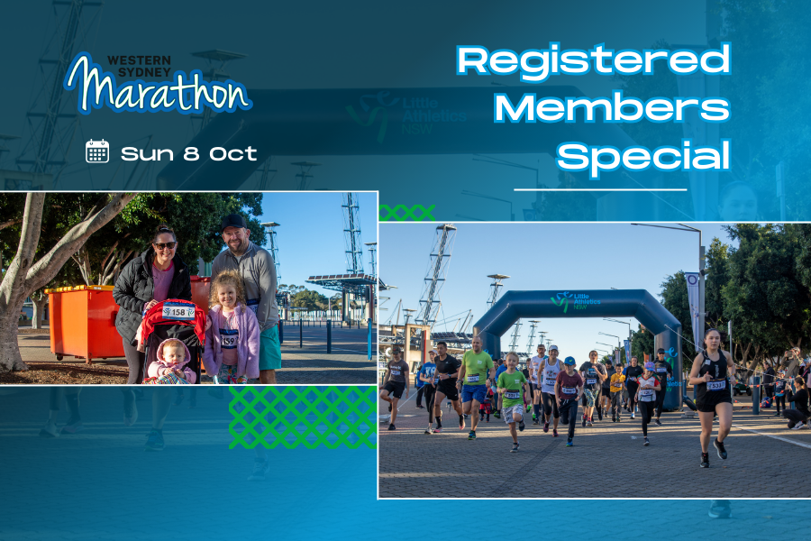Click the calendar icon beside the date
tap(97, 151)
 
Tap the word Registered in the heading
tap(594, 61)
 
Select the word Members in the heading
tap(612, 107)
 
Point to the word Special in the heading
tap(643, 156)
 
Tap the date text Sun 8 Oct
tap(189, 154)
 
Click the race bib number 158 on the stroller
tap(178, 312)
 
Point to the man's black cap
tap(233, 222)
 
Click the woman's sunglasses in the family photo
tap(165, 245)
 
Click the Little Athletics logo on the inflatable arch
tap(575, 301)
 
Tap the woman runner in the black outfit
tap(713, 396)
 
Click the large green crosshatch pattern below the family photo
tap(303, 417)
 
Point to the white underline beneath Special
tap(600, 190)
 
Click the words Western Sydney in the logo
tap(139, 66)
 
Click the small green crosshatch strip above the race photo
tap(407, 213)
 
